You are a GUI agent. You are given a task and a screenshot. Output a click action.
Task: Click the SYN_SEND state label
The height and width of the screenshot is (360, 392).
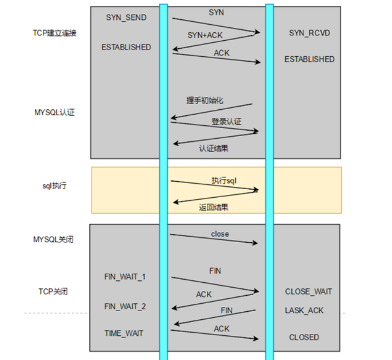pyautogui.click(x=126, y=18)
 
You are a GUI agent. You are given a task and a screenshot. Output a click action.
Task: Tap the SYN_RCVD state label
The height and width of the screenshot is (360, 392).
pyautogui.click(x=309, y=33)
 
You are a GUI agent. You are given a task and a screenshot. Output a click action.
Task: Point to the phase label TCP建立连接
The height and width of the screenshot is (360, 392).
pyautogui.click(x=55, y=33)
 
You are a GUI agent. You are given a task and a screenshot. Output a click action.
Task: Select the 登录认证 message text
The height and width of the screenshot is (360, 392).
pyautogui.click(x=226, y=122)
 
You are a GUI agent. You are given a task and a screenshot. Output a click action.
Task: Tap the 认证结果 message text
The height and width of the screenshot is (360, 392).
pyautogui.click(x=213, y=148)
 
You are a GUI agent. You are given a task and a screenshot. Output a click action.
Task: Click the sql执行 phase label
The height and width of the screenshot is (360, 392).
pyautogui.click(x=55, y=186)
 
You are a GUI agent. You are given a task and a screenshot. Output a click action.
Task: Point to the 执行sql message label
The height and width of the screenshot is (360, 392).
pyautogui.click(x=224, y=181)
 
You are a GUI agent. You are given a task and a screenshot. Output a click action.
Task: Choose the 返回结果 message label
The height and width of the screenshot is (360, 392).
pyautogui.click(x=214, y=206)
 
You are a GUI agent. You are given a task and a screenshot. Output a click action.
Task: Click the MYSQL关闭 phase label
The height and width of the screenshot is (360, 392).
pyautogui.click(x=53, y=239)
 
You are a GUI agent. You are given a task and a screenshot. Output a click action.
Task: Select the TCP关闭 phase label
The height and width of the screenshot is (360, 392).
pyautogui.click(x=53, y=291)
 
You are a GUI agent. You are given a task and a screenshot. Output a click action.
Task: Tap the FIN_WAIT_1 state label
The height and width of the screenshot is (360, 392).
pyautogui.click(x=125, y=277)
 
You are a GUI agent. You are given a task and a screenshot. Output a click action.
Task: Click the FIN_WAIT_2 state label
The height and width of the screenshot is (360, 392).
pyautogui.click(x=125, y=306)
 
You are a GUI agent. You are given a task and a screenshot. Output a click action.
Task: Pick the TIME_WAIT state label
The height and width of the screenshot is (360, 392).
pyautogui.click(x=124, y=333)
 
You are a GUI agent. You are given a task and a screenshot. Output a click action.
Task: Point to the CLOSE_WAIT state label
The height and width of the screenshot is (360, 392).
pyautogui.click(x=308, y=291)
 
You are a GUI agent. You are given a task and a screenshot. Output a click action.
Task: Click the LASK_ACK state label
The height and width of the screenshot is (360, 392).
pyautogui.click(x=304, y=311)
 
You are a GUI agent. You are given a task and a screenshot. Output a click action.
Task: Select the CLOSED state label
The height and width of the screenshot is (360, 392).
pyautogui.click(x=304, y=337)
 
